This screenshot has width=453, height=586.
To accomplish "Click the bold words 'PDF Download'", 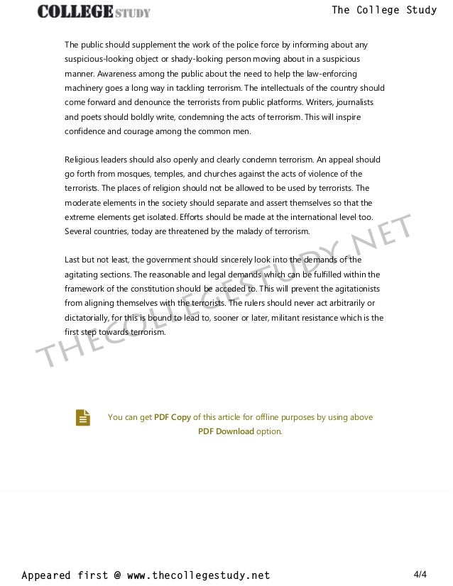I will tap(226, 431).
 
